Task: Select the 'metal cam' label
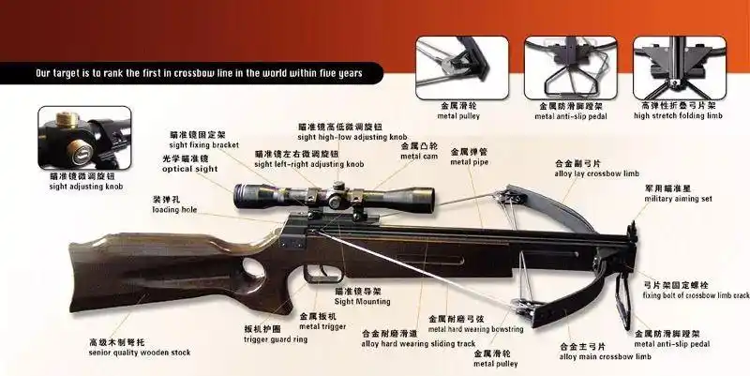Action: click(x=419, y=156)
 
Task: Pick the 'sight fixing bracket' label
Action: click(x=202, y=145)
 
